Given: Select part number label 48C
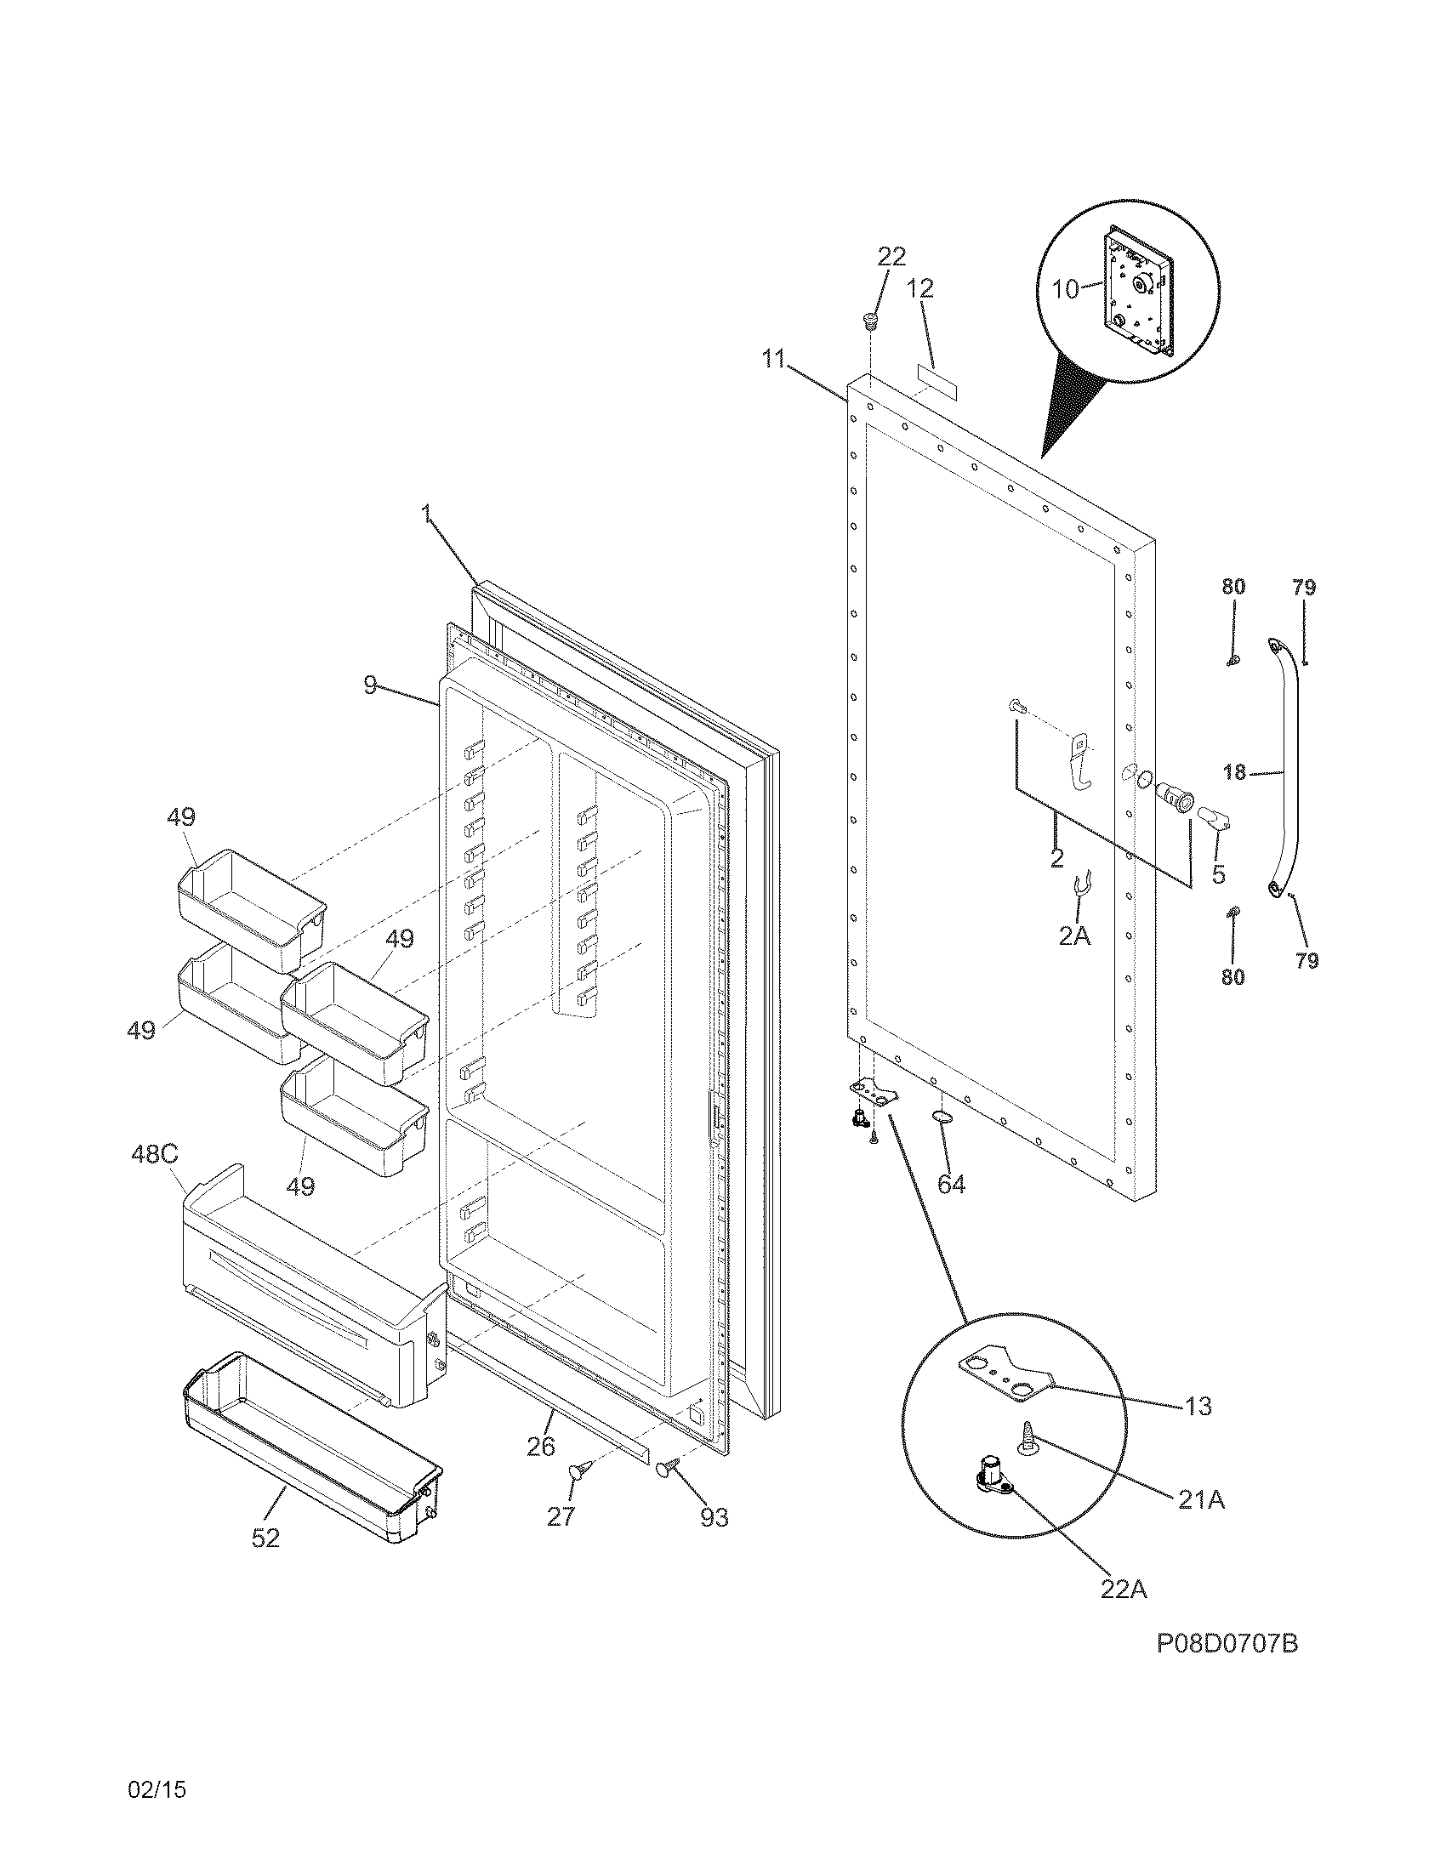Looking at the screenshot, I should tap(154, 1154).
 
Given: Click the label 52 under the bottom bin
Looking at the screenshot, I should tap(265, 1538).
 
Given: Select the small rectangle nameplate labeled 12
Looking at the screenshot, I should tap(936, 377).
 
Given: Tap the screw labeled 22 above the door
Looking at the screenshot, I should tap(870, 323).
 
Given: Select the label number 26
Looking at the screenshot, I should tap(540, 1446).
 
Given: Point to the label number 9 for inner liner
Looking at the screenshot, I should tap(370, 685).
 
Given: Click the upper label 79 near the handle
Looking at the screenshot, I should tap(1304, 588).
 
